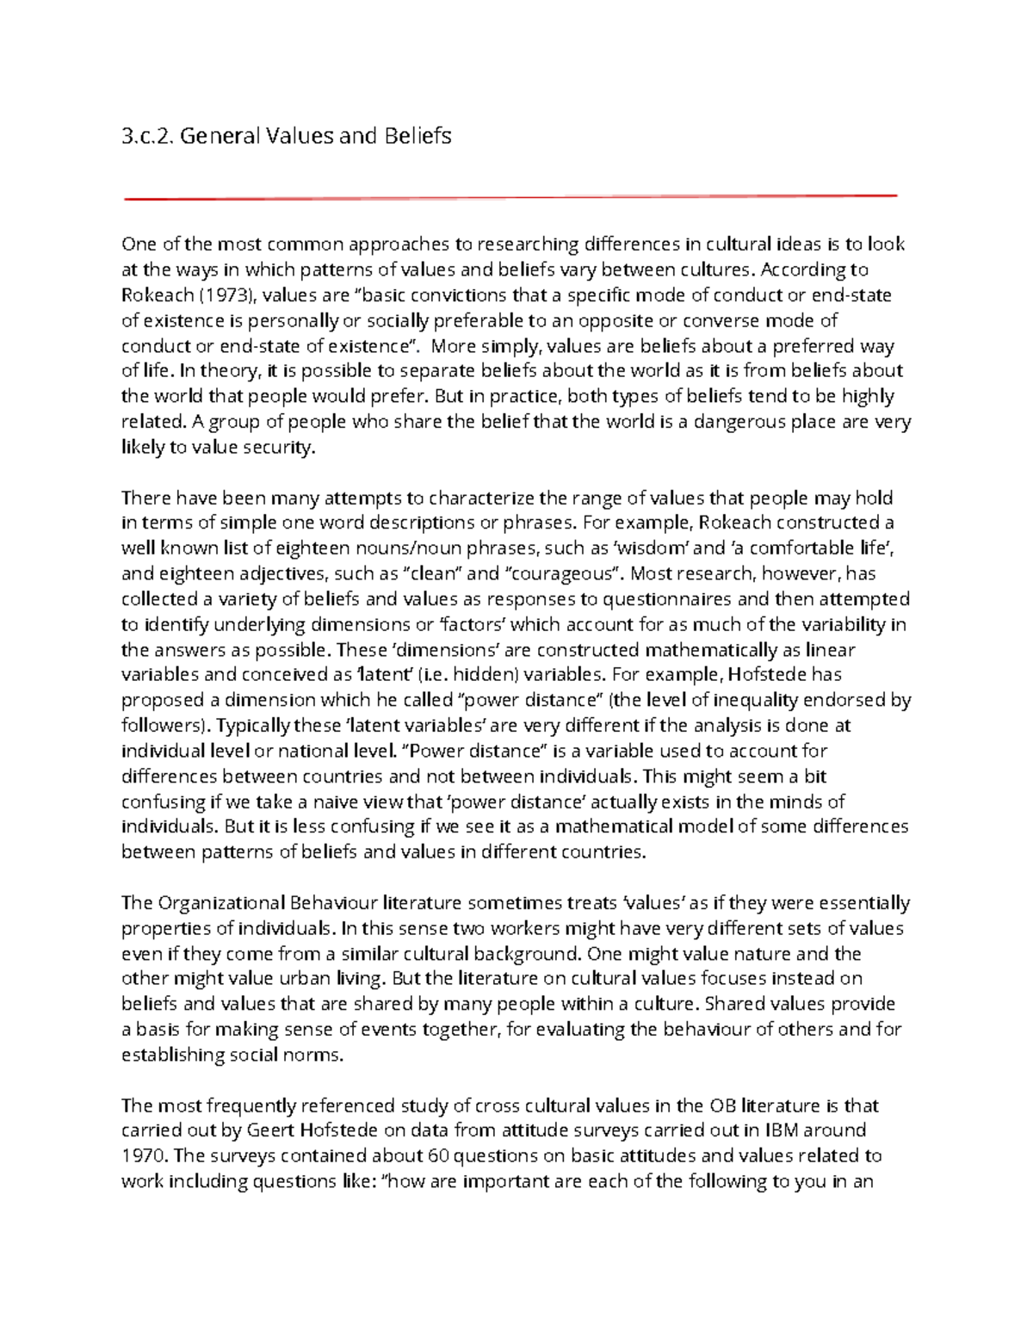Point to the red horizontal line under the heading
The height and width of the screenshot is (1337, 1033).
510,198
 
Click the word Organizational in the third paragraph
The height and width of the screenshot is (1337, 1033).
220,903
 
